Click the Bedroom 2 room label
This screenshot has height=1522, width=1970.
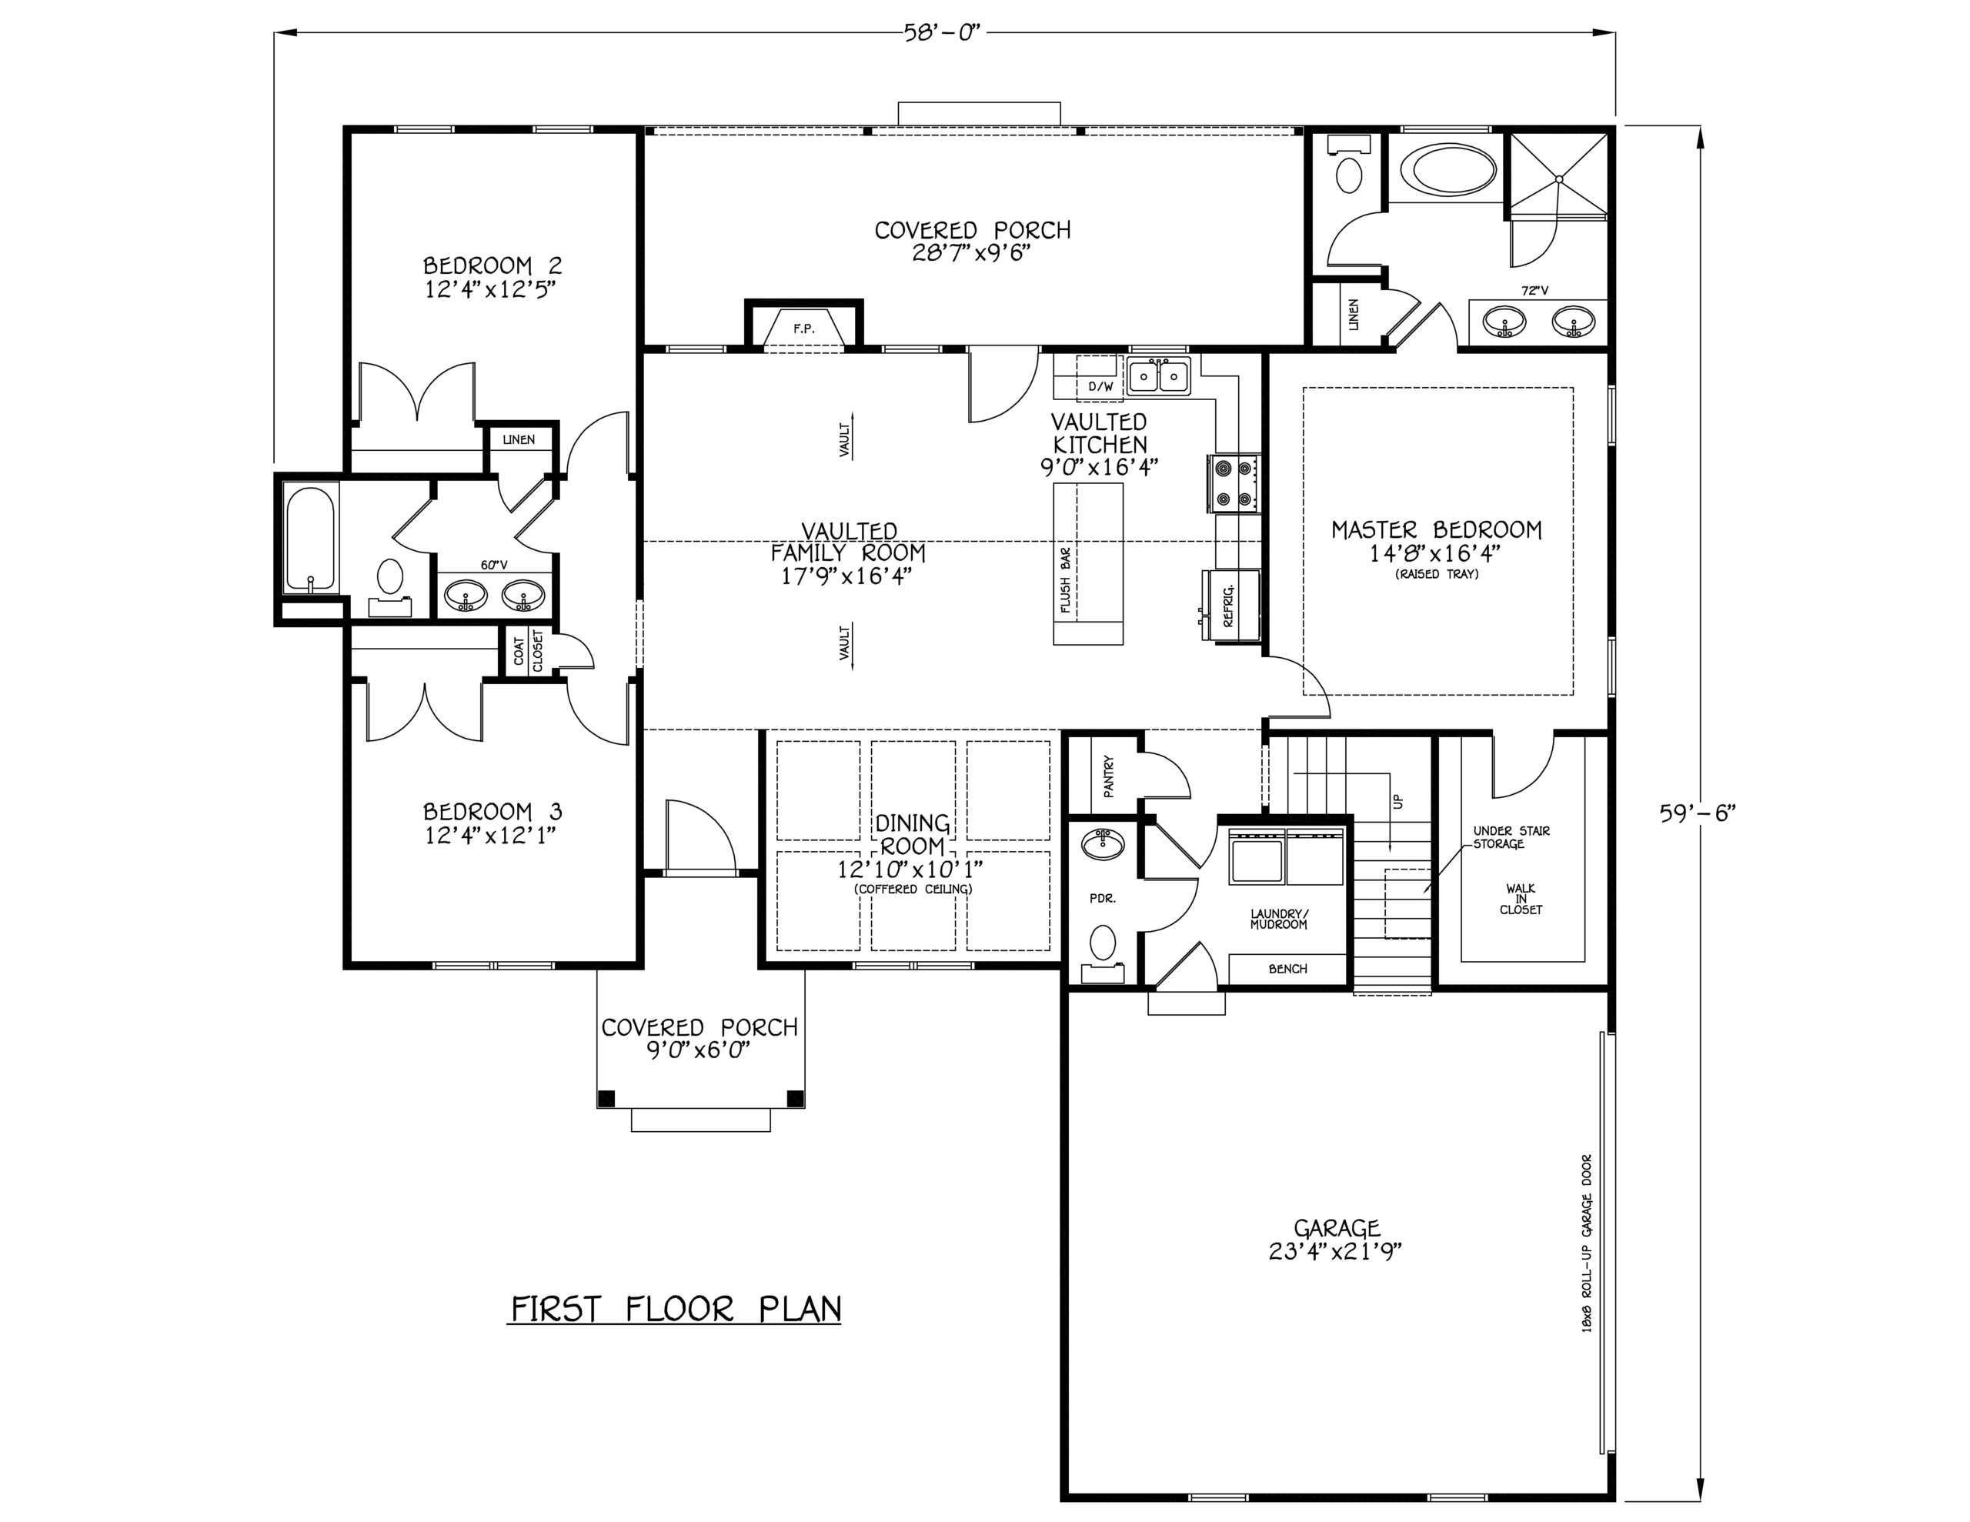click(492, 265)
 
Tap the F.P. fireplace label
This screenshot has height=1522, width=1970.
click(803, 329)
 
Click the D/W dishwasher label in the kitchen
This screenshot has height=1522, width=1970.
click(1100, 387)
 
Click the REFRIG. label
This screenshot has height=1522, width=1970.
click(1227, 606)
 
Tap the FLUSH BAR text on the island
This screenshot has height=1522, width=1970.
click(1065, 580)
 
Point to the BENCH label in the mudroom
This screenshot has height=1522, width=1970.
click(1287, 969)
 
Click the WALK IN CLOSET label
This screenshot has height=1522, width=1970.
click(1521, 900)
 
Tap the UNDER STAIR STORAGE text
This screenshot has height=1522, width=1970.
click(1511, 837)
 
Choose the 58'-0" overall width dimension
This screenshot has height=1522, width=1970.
click(942, 33)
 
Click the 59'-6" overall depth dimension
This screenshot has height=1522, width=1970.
click(1698, 812)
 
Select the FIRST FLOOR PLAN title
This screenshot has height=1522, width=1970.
click(676, 1308)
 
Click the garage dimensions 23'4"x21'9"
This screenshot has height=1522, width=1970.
click(1336, 1252)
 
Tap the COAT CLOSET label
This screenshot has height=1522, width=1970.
click(529, 650)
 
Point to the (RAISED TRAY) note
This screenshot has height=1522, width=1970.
click(1437, 574)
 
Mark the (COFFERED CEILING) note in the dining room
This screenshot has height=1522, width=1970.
click(913, 889)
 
